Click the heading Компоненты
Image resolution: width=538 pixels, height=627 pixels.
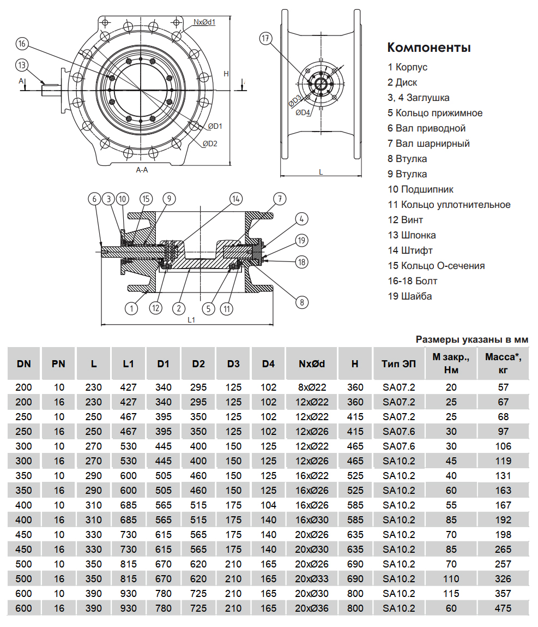[428, 47]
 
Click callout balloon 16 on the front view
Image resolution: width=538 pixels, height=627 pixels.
[21, 43]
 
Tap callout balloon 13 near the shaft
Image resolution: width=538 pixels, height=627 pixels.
[21, 65]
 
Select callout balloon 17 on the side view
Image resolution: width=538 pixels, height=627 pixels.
[265, 38]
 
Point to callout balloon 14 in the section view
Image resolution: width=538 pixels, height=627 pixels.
[235, 198]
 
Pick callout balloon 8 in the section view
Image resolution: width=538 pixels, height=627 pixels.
[301, 302]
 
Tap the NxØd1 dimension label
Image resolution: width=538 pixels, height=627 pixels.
[204, 22]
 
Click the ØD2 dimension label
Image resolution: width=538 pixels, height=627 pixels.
[210, 144]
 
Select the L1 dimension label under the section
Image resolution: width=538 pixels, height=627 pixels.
[191, 320]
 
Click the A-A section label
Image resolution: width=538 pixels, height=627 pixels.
[142, 170]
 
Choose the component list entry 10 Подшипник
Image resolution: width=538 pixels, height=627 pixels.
[420, 189]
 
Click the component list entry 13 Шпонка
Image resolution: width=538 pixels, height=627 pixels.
[412, 235]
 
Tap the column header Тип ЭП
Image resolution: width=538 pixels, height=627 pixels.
[398, 363]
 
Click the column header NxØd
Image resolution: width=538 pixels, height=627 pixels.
[312, 363]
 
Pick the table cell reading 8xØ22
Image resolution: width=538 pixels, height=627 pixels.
[312, 387]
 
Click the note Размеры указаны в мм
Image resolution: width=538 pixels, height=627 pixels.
[472, 339]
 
